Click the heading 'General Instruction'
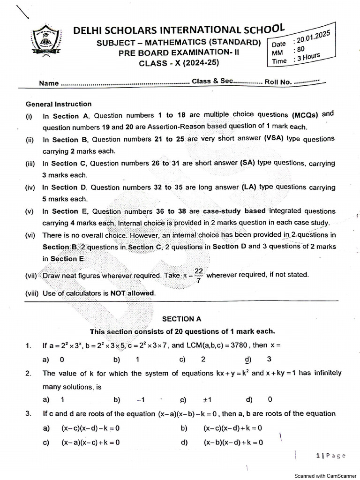point(59,104)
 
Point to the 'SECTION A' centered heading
point(181,319)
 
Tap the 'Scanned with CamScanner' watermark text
point(325,475)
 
